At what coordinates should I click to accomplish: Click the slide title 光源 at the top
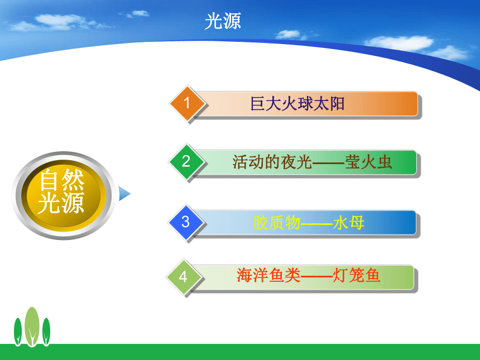coord(223,21)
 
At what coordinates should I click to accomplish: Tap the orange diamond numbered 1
coord(187,103)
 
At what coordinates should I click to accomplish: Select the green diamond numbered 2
coord(186,161)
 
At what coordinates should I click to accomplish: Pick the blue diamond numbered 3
coord(185,222)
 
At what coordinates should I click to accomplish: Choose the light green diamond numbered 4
coord(184,277)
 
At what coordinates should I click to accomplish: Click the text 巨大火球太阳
coord(297,103)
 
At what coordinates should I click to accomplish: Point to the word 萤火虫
coord(368,162)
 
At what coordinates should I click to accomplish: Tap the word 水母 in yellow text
coord(349,223)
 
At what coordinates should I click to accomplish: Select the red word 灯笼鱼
coord(356,275)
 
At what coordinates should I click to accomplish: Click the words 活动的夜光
coord(272,162)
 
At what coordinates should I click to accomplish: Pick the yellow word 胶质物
coord(276,223)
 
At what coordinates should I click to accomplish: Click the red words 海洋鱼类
coord(268,275)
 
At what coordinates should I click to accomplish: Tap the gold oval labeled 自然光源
coord(64,195)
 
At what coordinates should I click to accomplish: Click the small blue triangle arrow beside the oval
coord(124,194)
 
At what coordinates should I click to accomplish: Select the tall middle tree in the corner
coord(32,327)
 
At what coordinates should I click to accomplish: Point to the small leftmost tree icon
coord(18,332)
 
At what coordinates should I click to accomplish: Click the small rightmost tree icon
coord(46,332)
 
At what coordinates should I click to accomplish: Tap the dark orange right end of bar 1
coord(407,103)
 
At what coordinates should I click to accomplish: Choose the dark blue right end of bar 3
coord(406,223)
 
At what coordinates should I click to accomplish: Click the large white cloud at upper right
coord(399,43)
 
